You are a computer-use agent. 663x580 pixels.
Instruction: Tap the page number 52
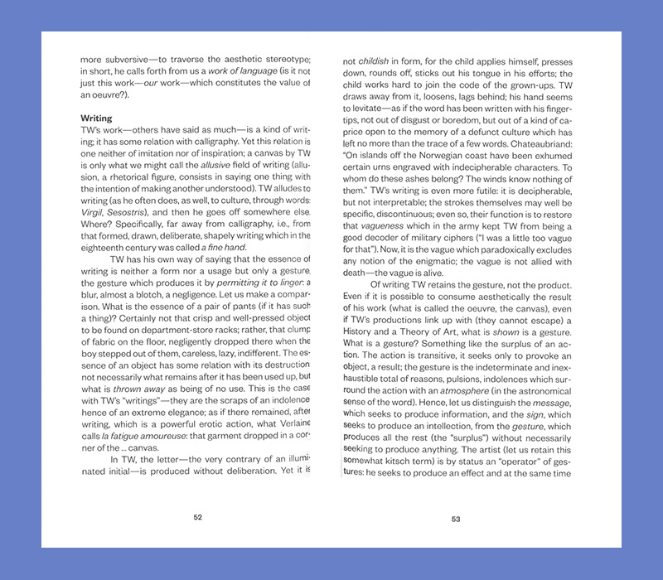coord(197,517)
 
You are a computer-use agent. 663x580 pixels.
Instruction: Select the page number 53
coord(456,520)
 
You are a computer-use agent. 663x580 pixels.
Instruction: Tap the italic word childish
coord(374,61)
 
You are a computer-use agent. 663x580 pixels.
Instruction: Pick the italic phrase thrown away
coord(135,388)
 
